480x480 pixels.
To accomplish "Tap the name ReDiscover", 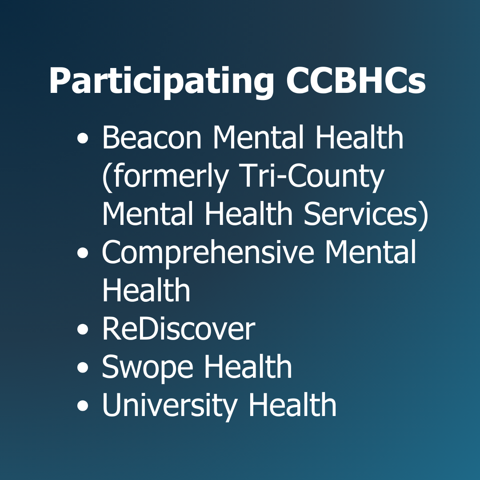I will coord(178,329).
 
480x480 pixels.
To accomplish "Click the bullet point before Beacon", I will coord(83,139).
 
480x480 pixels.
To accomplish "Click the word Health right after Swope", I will coord(248,367).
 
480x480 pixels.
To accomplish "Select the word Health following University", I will coord(292,405).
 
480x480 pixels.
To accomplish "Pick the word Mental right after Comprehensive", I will coord(370,252).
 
